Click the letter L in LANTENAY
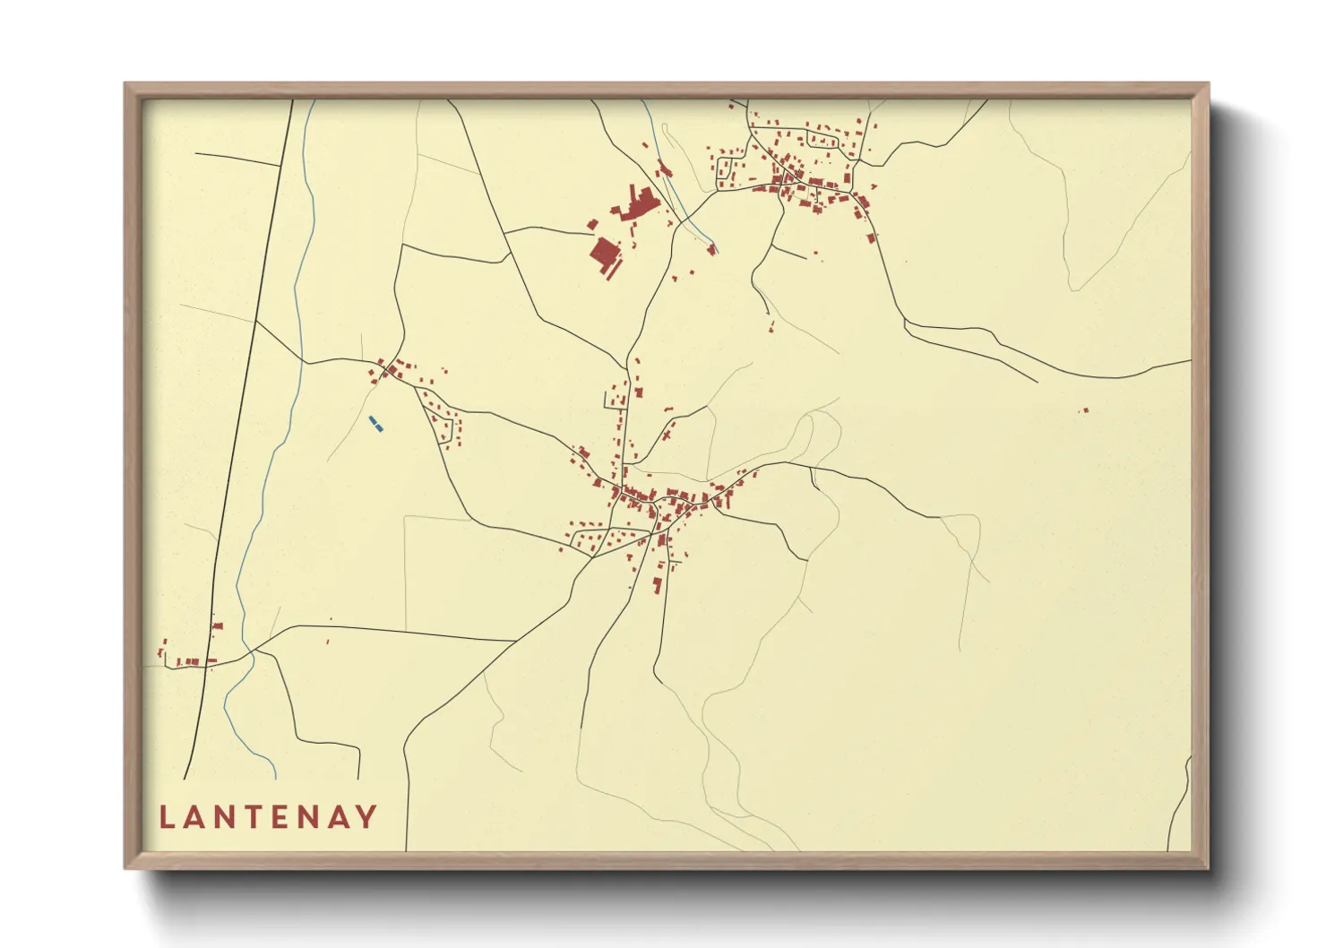pos(166,817)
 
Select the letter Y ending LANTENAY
pos(366,817)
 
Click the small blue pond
pos(376,424)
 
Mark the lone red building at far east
pos(1084,410)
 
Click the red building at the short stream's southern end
pos(713,249)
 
